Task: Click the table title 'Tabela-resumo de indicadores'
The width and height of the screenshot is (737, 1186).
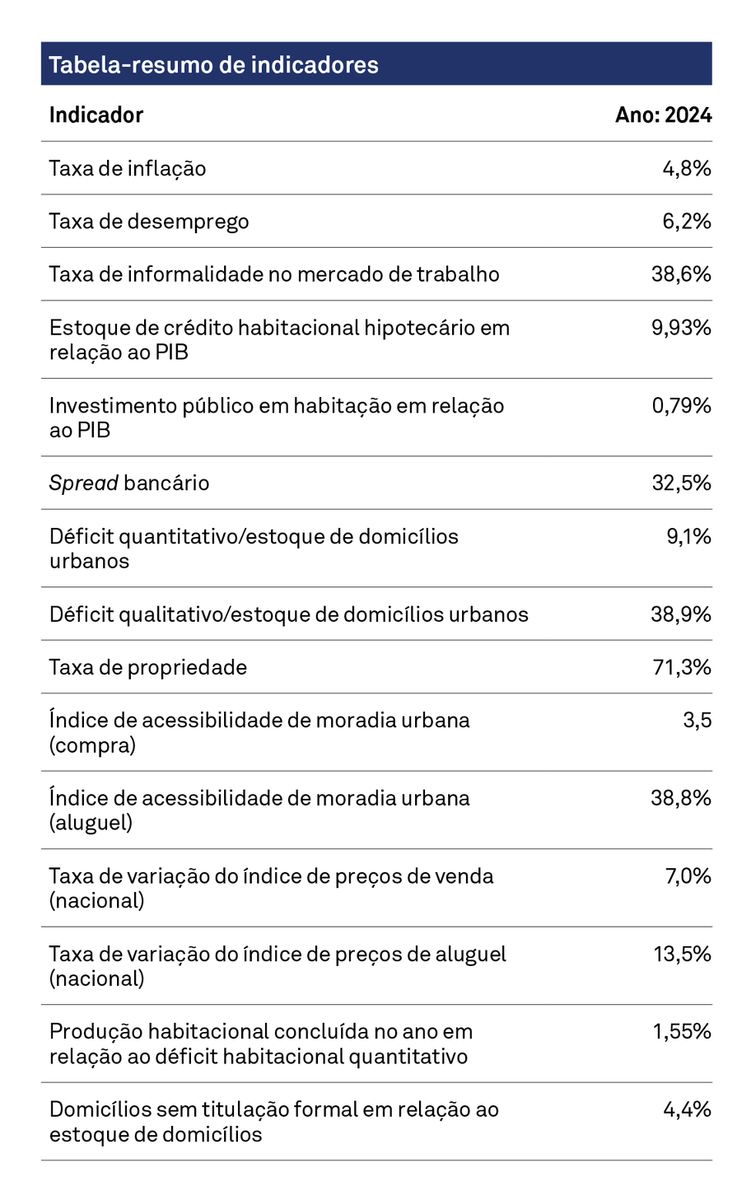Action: (x=213, y=64)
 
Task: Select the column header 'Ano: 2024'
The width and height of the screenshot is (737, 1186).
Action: (x=663, y=114)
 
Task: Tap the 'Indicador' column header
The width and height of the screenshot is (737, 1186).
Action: (x=96, y=114)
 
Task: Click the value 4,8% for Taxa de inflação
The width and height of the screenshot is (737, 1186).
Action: (x=686, y=169)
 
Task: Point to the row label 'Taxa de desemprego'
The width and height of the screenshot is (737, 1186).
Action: (x=148, y=222)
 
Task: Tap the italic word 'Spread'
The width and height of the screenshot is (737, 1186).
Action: (x=83, y=483)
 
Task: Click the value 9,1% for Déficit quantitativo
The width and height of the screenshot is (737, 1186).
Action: (x=688, y=536)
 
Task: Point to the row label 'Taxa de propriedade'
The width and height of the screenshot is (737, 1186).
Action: (x=147, y=667)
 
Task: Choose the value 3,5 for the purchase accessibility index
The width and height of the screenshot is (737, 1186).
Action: (x=696, y=720)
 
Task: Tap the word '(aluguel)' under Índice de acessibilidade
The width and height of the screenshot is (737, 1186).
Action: (x=91, y=823)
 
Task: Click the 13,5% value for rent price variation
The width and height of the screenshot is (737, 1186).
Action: (x=682, y=954)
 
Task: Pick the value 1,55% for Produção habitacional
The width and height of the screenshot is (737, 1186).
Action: (x=682, y=1031)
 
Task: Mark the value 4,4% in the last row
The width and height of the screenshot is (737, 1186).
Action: (x=687, y=1109)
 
